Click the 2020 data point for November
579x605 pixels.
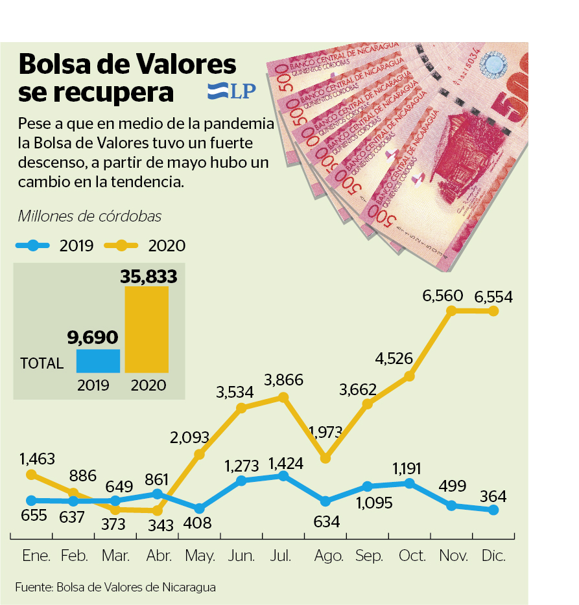(451, 310)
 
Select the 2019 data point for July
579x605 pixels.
(283, 475)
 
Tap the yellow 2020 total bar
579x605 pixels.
(147, 330)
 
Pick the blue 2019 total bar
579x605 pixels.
(98, 361)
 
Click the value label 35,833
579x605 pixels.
(148, 277)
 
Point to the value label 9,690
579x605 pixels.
(93, 337)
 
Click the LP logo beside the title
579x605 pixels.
(231, 91)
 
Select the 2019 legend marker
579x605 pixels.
(33, 245)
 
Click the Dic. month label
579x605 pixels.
(493, 556)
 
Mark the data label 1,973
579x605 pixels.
(327, 432)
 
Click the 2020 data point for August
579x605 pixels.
(325, 458)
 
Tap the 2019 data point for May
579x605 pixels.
(199, 509)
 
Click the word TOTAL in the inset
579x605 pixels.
(42, 363)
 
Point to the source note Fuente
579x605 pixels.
(115, 588)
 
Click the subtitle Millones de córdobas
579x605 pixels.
(90, 216)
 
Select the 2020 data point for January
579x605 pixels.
(31, 475)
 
